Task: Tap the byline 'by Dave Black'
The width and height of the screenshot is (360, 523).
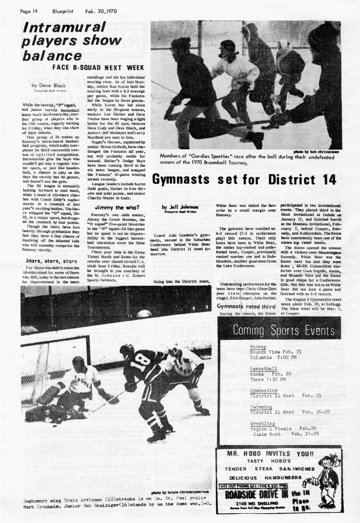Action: click(x=48, y=85)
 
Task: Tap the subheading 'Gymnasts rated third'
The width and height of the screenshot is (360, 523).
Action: click(x=244, y=306)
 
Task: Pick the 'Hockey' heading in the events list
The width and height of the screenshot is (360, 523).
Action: click(x=258, y=347)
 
